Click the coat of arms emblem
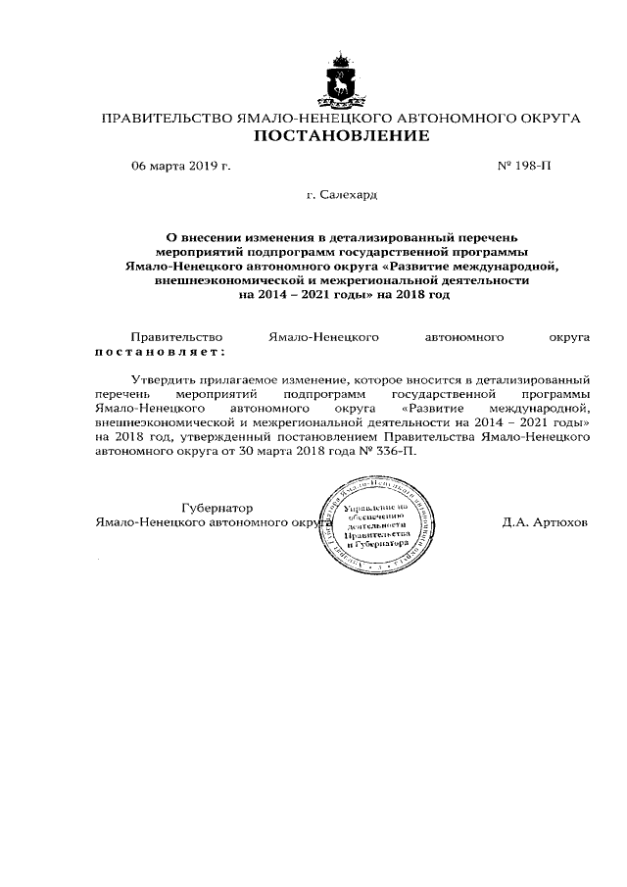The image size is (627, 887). pos(342,83)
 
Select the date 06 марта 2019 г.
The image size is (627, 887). pos(181,167)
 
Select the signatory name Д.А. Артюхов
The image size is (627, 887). pos(545,522)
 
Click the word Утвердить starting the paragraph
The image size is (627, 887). pos(162,377)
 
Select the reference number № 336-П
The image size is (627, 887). pos(402,454)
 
